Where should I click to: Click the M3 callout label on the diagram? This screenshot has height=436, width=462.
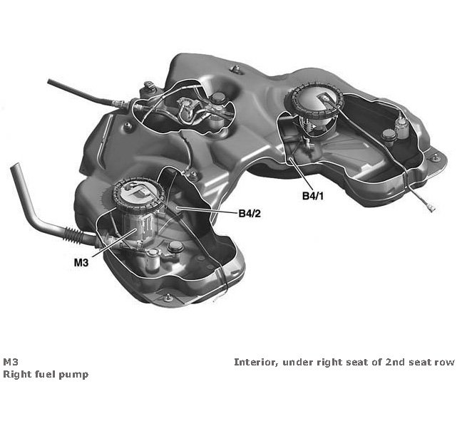pos(82,263)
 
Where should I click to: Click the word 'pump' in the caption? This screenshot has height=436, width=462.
pos(75,375)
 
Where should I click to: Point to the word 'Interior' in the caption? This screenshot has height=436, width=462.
pos(255,362)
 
